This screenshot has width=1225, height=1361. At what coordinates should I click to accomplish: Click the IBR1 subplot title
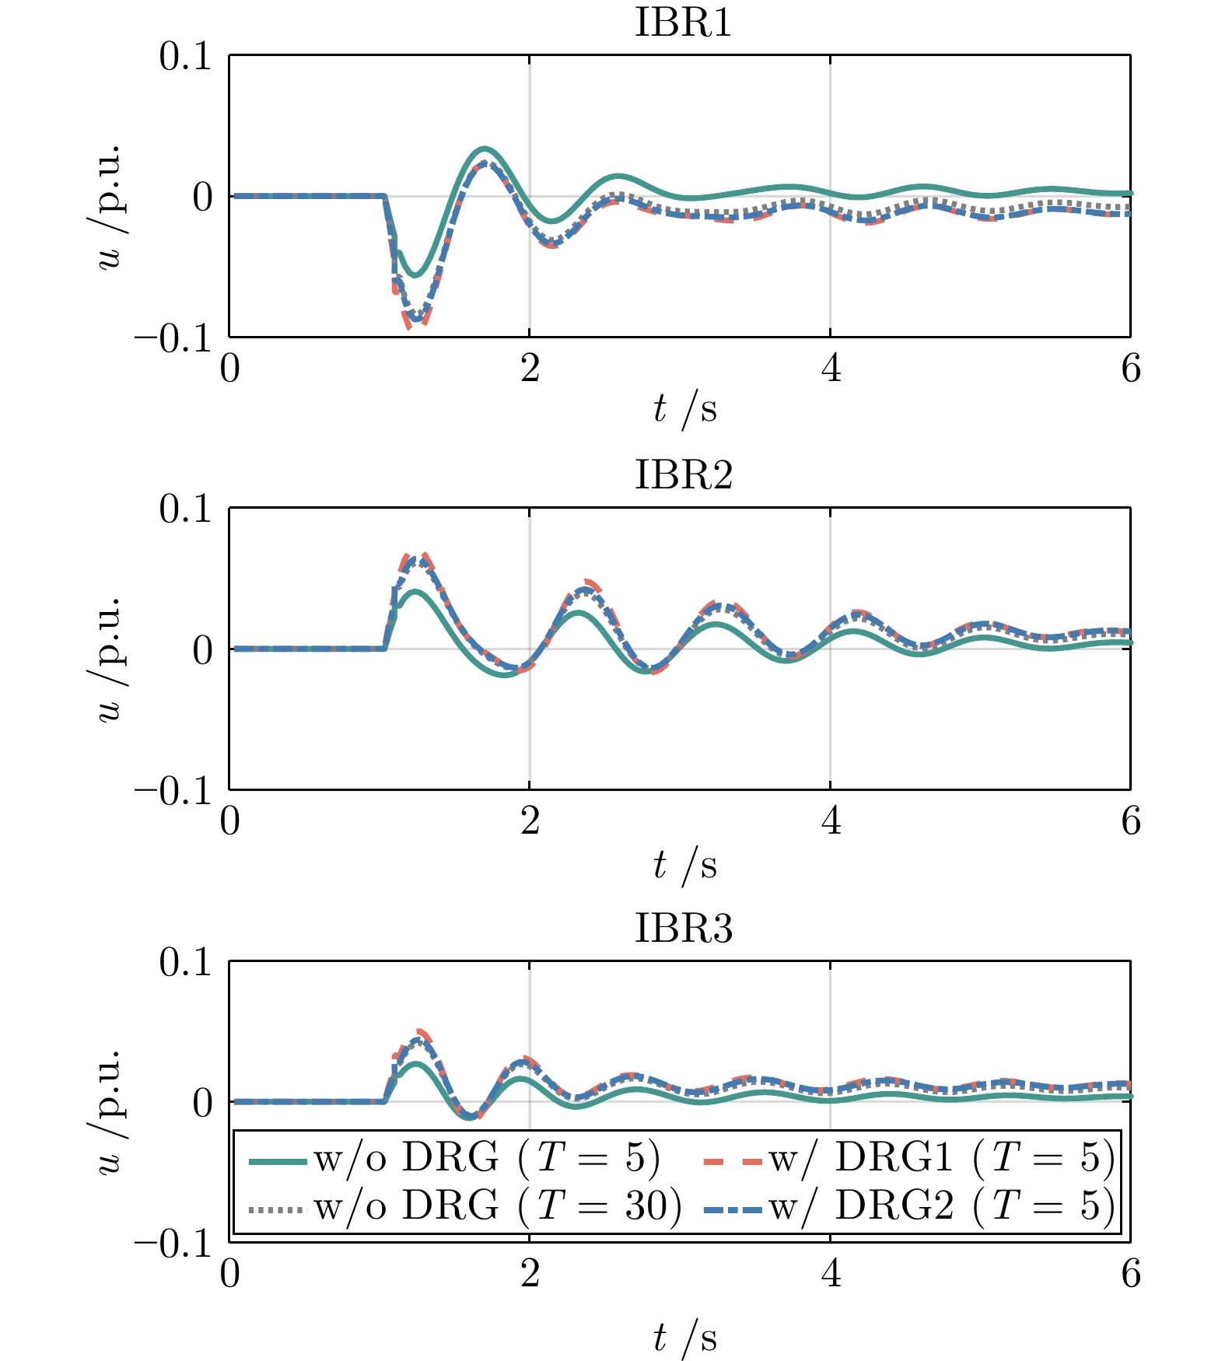pos(684,23)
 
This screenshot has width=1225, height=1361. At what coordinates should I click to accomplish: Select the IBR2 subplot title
pos(684,475)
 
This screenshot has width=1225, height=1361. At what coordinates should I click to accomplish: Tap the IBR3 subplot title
pos(684,929)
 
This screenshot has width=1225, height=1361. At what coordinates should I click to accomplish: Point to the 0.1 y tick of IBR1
pos(185,57)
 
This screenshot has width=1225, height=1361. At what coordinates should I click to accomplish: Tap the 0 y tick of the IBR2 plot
pos(202,650)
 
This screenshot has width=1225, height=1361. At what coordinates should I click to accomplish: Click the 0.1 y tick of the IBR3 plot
pos(185,963)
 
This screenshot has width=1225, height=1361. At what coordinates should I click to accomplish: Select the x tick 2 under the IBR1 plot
pos(530,369)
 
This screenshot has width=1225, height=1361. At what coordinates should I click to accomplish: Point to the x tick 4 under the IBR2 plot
pos(831,821)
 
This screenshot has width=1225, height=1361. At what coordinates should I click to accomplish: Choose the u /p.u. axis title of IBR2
pos(109,660)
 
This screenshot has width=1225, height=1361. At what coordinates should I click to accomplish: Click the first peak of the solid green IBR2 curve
pos(416,592)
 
